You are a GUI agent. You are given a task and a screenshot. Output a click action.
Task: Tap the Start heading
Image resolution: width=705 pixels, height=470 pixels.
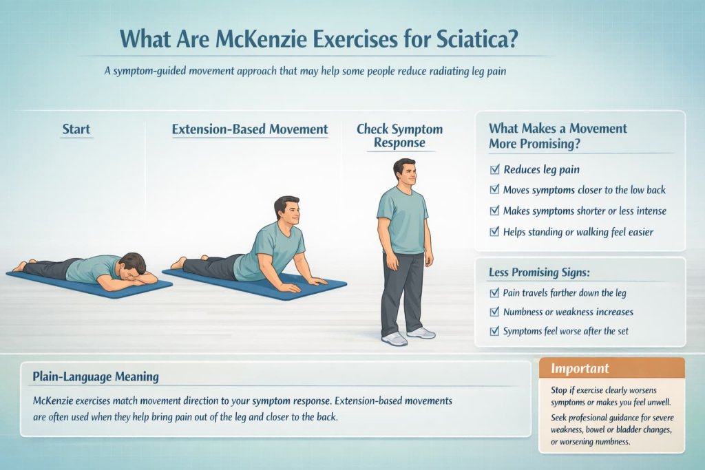pyautogui.click(x=76, y=129)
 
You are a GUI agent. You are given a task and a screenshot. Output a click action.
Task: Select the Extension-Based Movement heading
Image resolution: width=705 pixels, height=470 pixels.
pyautogui.click(x=250, y=129)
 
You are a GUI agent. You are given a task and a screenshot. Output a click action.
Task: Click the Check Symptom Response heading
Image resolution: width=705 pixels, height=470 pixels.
pyautogui.click(x=399, y=136)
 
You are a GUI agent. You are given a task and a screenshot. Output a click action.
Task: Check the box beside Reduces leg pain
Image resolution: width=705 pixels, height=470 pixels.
pyautogui.click(x=494, y=169)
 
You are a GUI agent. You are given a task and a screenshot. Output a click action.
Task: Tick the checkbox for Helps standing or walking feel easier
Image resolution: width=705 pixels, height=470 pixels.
pyautogui.click(x=494, y=232)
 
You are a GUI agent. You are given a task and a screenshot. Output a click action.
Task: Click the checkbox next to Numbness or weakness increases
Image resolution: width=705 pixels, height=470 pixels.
pyautogui.click(x=494, y=312)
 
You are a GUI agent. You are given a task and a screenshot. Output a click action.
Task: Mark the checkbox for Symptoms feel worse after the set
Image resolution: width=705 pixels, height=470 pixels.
pyautogui.click(x=494, y=331)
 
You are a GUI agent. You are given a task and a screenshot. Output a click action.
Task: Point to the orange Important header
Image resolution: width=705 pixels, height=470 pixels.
pyautogui.click(x=611, y=368)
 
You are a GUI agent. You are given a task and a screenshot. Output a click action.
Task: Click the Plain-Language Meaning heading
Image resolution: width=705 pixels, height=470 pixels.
pyautogui.click(x=96, y=376)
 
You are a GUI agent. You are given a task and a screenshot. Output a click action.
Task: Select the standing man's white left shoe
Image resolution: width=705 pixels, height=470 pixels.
pyautogui.click(x=421, y=332)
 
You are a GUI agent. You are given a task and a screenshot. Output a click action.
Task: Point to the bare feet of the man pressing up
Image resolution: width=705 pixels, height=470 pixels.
pyautogui.click(x=178, y=263)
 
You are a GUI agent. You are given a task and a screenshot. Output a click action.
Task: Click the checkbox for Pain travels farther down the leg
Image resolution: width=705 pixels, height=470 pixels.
pyautogui.click(x=494, y=292)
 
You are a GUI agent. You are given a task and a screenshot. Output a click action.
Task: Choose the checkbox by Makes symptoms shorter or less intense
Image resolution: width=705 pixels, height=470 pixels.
pyautogui.click(x=494, y=211)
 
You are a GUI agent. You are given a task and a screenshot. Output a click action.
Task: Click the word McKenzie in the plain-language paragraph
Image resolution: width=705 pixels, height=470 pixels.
pyautogui.click(x=56, y=400)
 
